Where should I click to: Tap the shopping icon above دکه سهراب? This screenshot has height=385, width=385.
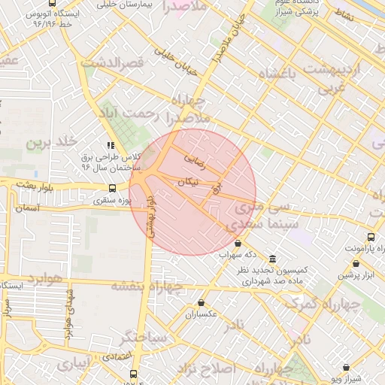(238, 243)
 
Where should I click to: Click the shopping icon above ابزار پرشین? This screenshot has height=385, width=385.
(356, 263)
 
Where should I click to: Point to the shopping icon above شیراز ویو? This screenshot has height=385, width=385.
(346, 368)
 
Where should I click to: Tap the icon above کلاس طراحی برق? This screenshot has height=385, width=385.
(111, 145)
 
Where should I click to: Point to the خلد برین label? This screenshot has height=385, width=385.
(53, 142)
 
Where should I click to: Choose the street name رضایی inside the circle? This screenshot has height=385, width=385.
(194, 159)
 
